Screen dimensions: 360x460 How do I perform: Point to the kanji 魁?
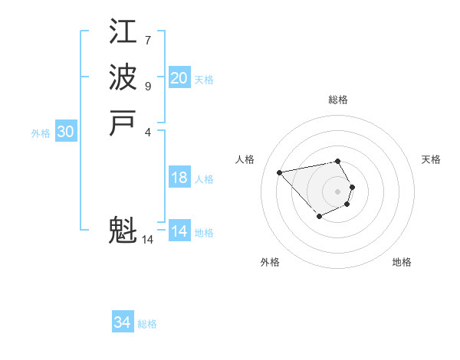(123, 230)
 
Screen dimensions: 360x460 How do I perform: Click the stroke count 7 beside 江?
(148, 40)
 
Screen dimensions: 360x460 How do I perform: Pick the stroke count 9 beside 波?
(148, 86)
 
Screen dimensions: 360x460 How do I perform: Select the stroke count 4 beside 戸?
(148, 131)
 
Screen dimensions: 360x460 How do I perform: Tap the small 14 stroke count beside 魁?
(148, 240)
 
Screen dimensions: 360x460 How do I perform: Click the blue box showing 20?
(179, 78)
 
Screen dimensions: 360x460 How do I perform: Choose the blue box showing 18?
(179, 178)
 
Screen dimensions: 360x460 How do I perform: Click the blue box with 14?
(179, 231)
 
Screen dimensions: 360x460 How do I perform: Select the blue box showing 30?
(66, 132)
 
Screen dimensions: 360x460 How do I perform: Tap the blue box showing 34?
(123, 322)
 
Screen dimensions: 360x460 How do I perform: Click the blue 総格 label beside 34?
(147, 324)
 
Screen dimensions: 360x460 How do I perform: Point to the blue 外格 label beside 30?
(41, 133)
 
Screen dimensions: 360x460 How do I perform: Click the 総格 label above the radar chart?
(338, 100)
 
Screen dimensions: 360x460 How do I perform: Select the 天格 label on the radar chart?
(431, 159)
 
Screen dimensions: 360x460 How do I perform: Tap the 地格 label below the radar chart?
(402, 262)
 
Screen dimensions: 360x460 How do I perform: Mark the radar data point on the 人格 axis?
(280, 172)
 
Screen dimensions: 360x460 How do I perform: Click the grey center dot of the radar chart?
(338, 191)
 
